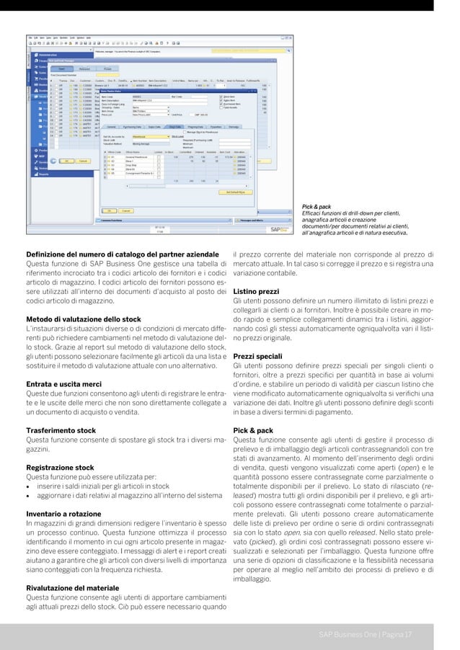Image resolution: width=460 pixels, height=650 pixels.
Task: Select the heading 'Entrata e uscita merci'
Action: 63,384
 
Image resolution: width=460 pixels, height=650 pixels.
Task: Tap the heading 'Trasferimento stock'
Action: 61,430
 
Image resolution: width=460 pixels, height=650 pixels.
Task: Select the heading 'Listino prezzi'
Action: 256,291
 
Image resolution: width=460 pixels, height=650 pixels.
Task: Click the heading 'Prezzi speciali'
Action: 257,356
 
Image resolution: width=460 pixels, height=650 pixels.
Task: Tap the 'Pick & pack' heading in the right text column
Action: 253,430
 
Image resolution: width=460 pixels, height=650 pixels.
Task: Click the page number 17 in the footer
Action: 408,634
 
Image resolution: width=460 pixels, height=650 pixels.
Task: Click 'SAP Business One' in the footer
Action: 349,634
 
